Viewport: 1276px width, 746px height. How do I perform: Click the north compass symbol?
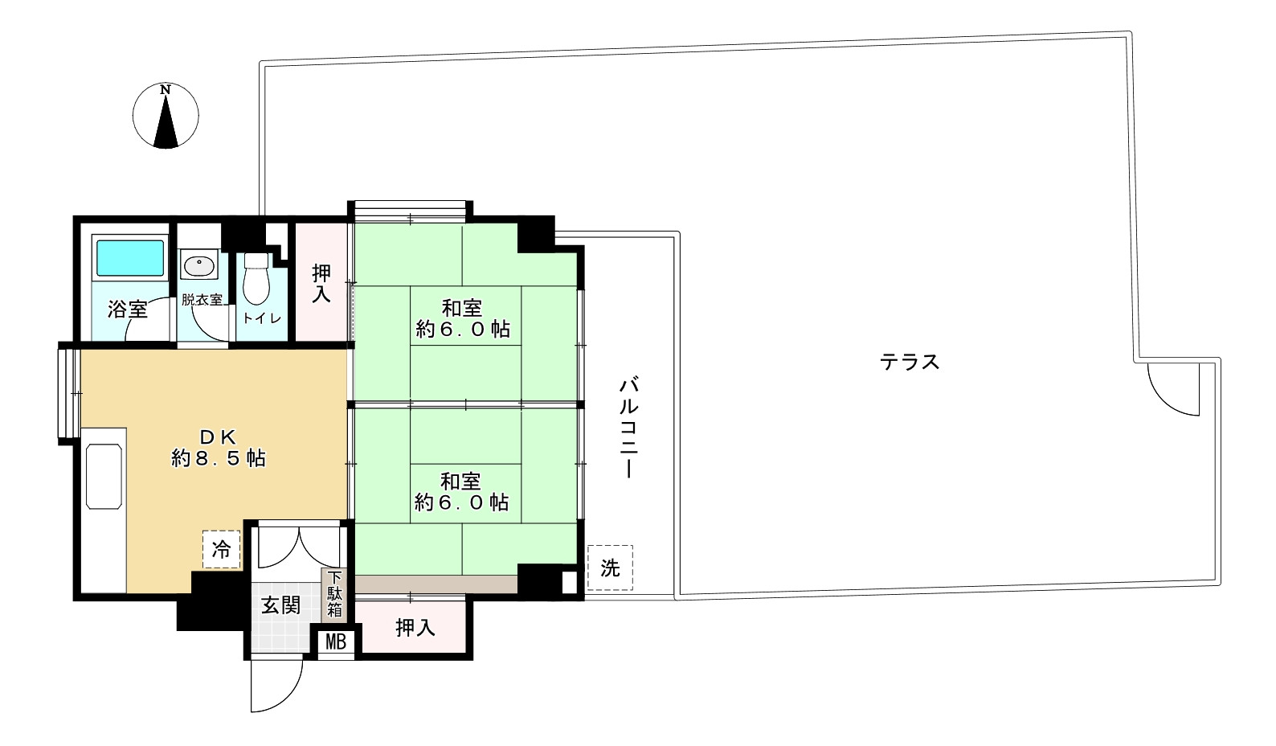tap(166, 117)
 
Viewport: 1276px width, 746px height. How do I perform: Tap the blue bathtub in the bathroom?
tap(129, 257)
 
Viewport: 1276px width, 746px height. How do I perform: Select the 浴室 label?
tap(129, 309)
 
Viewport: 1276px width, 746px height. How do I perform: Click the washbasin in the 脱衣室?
tap(196, 266)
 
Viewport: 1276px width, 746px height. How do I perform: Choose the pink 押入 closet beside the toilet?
tap(321, 284)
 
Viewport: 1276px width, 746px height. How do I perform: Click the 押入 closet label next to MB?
tap(415, 628)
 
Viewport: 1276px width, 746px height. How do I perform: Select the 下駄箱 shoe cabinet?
tap(334, 594)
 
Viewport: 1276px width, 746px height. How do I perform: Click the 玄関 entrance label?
tap(280, 605)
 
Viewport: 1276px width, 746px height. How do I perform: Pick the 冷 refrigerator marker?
tap(221, 550)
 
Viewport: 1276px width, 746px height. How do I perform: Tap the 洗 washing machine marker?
tap(610, 568)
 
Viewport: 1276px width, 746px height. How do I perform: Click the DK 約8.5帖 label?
tap(218, 449)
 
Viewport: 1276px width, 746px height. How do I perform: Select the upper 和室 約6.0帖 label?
tap(463, 318)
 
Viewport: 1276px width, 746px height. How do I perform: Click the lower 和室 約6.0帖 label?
tap(462, 492)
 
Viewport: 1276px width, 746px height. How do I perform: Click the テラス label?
tap(910, 362)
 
